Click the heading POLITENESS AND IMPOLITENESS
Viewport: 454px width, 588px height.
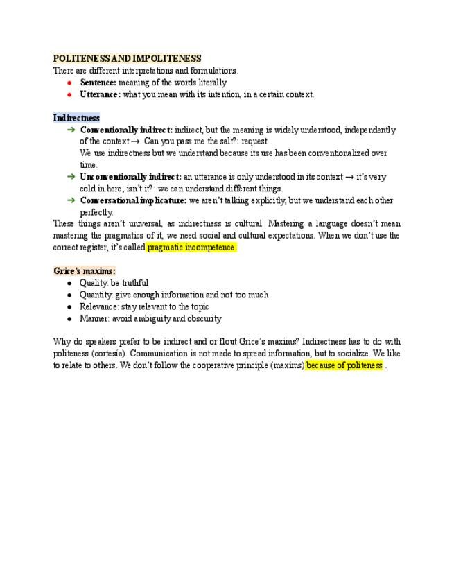[x=127, y=59]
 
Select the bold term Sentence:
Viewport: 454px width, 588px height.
[x=98, y=83]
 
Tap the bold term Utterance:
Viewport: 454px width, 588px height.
[x=100, y=94]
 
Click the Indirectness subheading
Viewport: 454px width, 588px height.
[x=76, y=118]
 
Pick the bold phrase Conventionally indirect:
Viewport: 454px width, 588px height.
[x=126, y=130]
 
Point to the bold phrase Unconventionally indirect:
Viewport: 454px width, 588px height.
[x=131, y=177]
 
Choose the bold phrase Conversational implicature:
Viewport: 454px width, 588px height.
[x=133, y=200]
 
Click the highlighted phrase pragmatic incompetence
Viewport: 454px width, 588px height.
[x=191, y=248]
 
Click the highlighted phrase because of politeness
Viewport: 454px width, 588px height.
[x=344, y=365]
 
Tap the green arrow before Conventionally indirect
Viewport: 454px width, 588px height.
[x=71, y=130]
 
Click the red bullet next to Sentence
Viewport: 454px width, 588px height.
[x=70, y=83]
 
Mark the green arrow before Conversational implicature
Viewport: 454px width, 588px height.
[x=71, y=200]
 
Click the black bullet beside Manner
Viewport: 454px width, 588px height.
[x=70, y=318]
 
